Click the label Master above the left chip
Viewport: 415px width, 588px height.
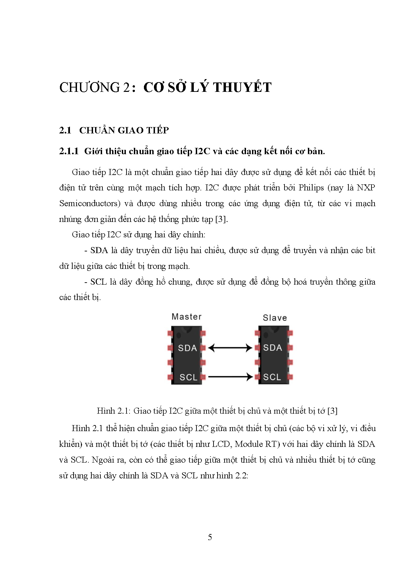186,316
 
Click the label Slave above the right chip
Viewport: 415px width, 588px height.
275,318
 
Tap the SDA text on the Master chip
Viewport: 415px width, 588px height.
187,348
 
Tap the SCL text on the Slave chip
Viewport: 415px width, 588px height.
272,377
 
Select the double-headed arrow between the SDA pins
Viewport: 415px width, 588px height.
230,348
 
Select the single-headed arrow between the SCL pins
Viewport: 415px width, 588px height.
230,377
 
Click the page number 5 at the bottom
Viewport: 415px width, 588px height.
210,537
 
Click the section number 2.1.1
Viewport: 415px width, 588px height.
69,151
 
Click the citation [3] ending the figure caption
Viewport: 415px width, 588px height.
332,411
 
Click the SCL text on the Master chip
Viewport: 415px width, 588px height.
188,377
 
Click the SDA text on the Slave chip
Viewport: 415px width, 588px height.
272,348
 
